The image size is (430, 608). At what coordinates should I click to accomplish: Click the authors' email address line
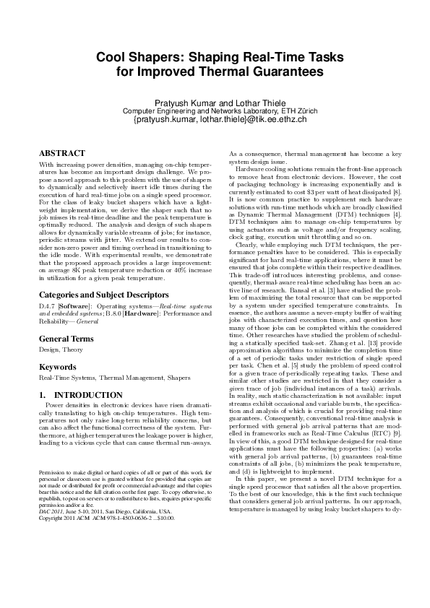tap(215, 119)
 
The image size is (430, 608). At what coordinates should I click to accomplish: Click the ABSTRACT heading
tap(61, 153)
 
